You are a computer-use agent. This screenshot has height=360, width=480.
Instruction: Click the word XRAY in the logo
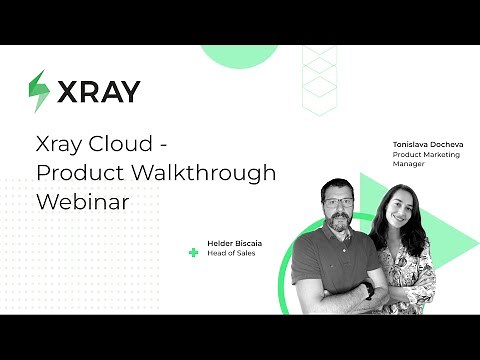click(98, 91)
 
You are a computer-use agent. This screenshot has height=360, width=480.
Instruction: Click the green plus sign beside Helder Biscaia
click(193, 251)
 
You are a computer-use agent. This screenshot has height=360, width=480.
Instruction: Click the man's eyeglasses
click(338, 202)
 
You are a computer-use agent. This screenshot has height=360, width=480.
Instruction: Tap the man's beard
click(339, 220)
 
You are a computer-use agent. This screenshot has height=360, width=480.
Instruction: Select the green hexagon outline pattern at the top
click(321, 70)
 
